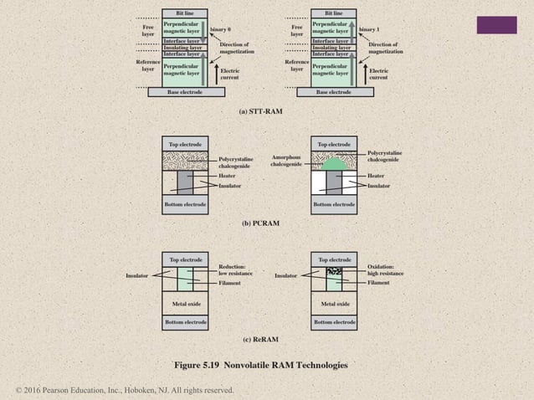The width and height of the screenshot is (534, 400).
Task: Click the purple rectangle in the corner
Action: [496, 25]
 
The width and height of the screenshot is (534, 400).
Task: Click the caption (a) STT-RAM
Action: [261, 110]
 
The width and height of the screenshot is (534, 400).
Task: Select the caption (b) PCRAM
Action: [260, 223]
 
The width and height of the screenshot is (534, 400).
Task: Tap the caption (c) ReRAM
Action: [260, 339]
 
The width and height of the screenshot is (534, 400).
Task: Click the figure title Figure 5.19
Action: [260, 365]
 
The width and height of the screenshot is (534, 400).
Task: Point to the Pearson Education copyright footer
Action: [125, 391]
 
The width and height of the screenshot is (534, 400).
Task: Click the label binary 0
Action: [220, 28]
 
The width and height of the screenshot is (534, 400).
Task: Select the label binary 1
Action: [370, 28]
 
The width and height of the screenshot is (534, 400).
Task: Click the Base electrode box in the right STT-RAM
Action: [334, 91]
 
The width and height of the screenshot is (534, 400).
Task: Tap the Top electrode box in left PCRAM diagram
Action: [185, 144]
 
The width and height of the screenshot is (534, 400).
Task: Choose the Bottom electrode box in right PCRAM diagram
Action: [335, 203]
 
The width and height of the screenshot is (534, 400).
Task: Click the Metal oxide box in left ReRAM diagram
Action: [185, 304]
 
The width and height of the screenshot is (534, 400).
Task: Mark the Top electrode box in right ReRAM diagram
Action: [335, 259]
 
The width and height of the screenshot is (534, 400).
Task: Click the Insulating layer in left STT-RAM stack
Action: [182, 48]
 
